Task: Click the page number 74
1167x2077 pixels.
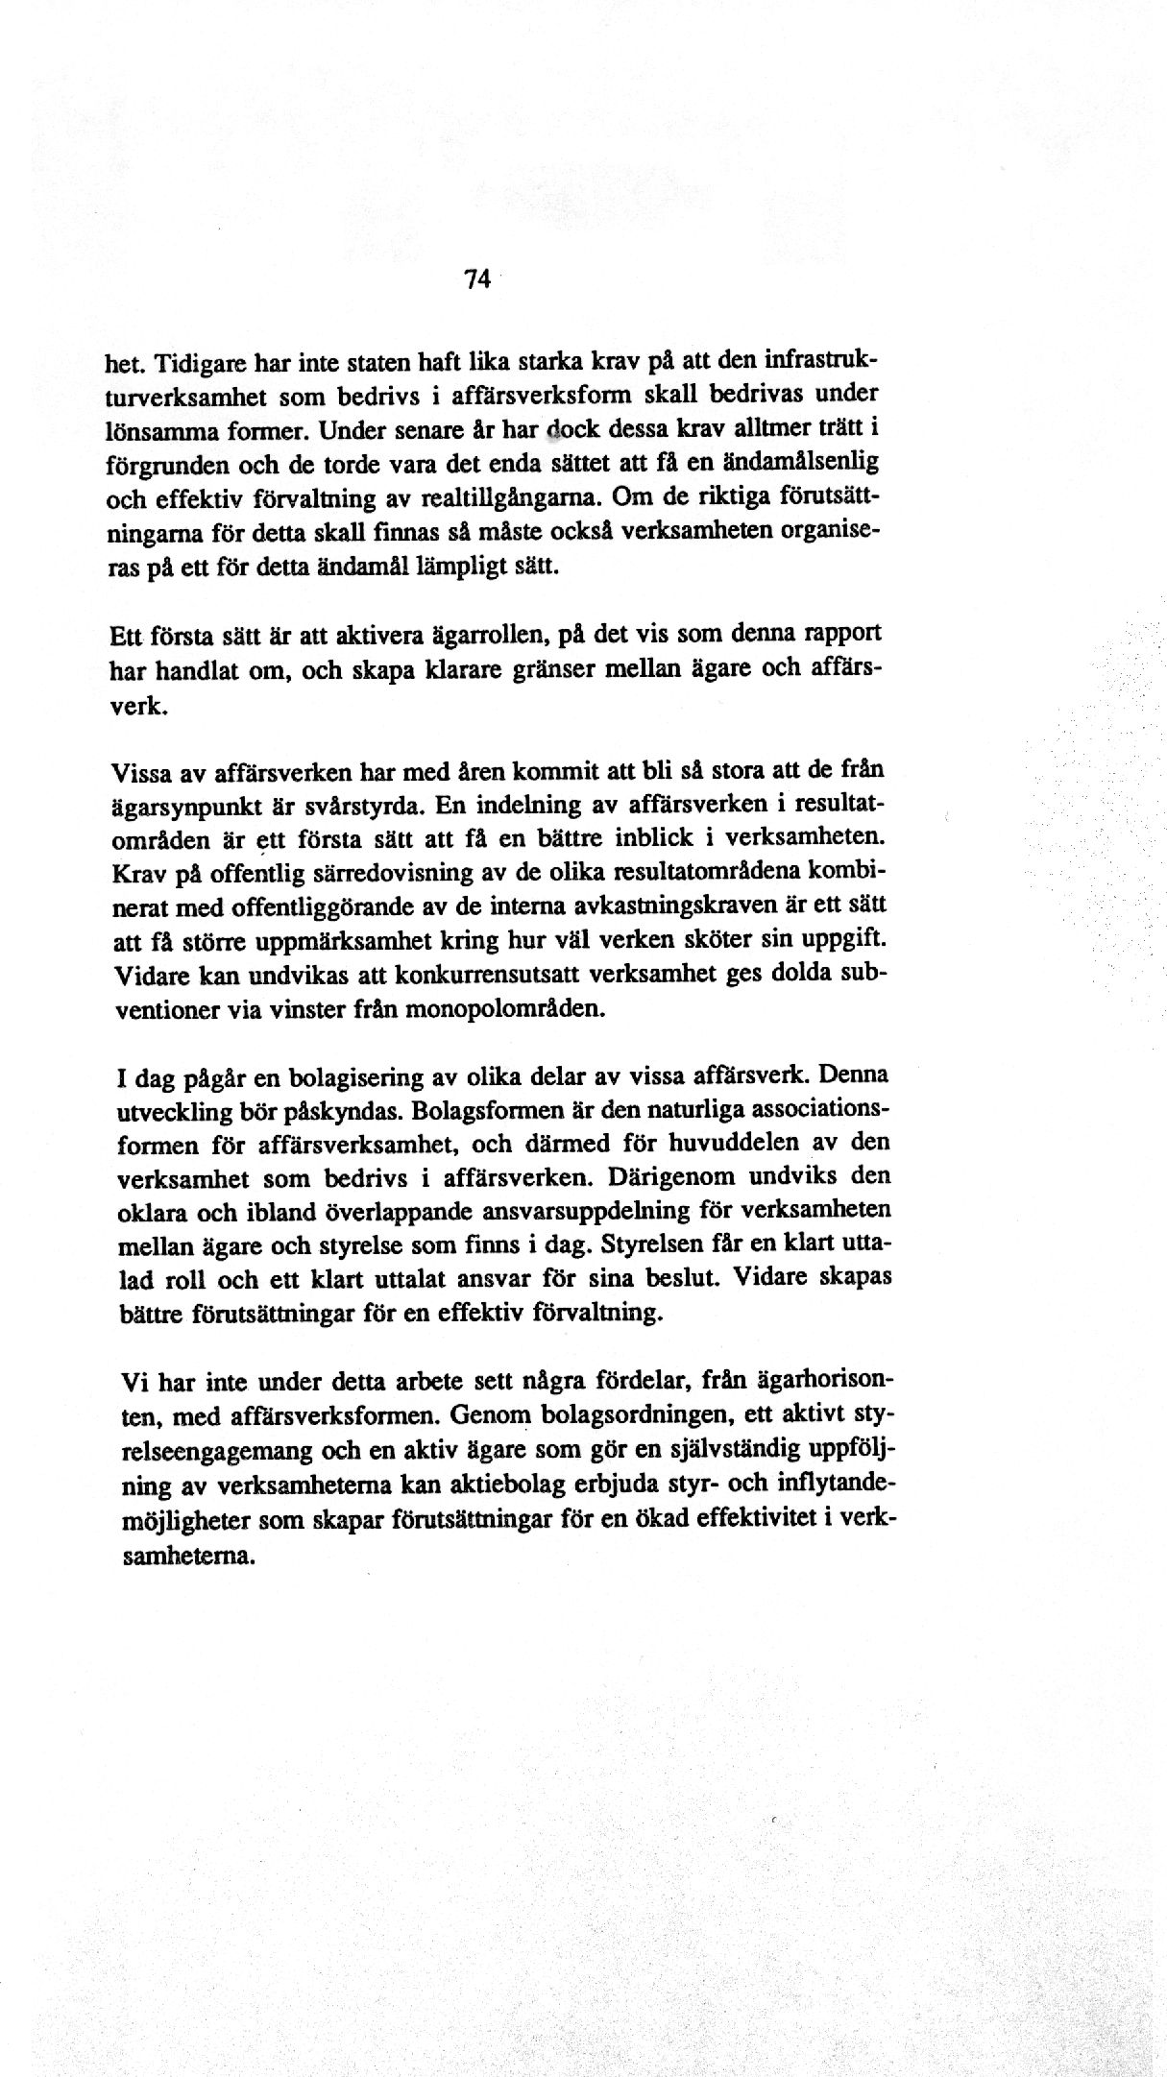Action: point(477,279)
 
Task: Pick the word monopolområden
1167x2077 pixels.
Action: point(515,1009)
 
